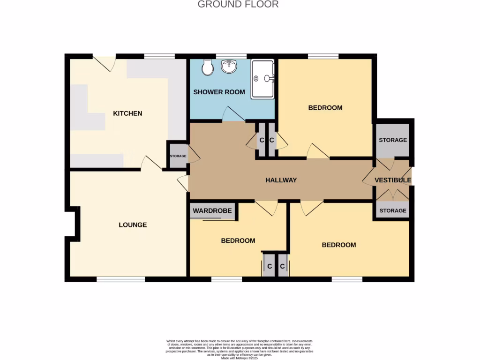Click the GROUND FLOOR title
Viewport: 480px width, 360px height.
coord(238,5)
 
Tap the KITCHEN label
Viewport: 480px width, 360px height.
coord(127,113)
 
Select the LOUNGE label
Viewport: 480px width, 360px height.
coord(133,225)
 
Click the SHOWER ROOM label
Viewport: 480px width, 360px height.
coord(219,92)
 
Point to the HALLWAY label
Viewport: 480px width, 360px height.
coord(281,180)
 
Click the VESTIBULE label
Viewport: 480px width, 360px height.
coord(392,180)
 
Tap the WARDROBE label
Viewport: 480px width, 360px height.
coord(212,211)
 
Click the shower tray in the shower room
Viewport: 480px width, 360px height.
coord(262,79)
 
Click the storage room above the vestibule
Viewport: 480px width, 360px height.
coord(393,140)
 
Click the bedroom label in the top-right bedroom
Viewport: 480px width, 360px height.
coord(325,108)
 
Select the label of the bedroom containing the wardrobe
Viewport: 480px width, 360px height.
coord(238,240)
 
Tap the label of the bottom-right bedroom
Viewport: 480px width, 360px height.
coord(338,245)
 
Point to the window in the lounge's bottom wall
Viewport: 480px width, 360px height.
coord(120,279)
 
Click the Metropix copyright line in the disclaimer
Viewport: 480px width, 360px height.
coord(240,358)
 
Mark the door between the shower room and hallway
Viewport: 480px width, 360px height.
coord(233,115)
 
